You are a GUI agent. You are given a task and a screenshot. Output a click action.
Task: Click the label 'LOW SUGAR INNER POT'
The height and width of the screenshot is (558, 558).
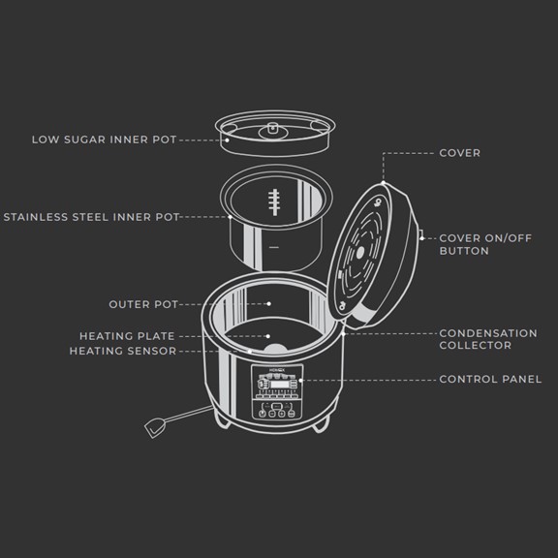(104, 139)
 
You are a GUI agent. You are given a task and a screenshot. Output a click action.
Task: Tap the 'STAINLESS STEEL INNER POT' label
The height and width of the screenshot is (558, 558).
(91, 217)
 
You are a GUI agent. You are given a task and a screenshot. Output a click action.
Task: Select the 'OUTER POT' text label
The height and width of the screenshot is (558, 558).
(143, 304)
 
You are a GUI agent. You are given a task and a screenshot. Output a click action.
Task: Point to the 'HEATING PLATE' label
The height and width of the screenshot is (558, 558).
(127, 336)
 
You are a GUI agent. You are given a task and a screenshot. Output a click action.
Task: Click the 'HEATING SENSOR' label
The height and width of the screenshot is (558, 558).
(123, 351)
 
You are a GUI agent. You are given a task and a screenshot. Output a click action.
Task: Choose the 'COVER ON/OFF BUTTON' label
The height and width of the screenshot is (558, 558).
(485, 244)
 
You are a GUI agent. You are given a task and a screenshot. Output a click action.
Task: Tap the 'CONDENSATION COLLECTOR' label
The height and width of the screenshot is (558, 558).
(488, 339)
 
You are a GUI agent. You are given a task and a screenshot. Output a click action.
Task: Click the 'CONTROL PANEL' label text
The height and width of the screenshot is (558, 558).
(490, 380)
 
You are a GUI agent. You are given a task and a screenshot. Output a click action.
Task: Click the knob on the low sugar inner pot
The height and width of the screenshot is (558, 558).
(273, 129)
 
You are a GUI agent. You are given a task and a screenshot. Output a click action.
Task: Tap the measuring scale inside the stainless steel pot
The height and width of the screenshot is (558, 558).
(274, 202)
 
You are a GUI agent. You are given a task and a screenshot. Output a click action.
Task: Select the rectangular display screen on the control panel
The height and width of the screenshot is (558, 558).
(280, 385)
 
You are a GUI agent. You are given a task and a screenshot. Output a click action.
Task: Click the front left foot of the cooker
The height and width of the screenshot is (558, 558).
(222, 421)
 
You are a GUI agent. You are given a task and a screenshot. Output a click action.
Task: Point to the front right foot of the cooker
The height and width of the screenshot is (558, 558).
(320, 425)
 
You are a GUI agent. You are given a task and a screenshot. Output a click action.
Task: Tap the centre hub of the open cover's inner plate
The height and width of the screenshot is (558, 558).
(360, 253)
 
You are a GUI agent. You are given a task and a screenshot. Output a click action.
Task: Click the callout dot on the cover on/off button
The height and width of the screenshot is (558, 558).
(421, 238)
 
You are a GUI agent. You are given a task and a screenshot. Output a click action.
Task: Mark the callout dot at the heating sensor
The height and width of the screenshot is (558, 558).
(250, 352)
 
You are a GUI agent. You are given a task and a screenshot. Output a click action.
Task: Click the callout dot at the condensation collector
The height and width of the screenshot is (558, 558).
(343, 334)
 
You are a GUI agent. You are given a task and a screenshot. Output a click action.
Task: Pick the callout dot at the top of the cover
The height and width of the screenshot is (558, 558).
(384, 183)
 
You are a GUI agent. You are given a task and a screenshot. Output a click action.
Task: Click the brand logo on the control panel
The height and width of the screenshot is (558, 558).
(277, 370)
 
